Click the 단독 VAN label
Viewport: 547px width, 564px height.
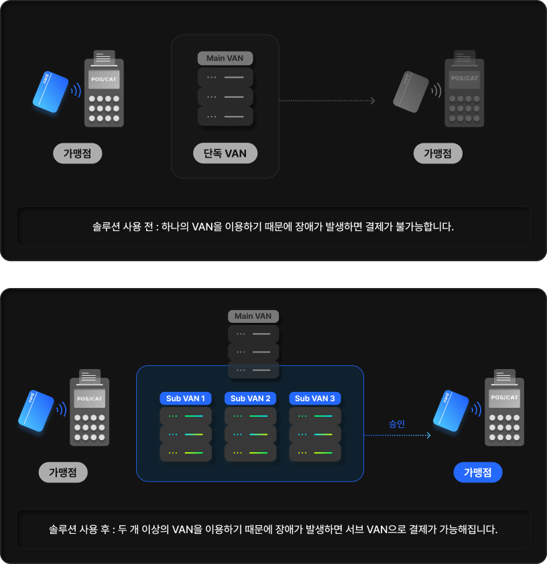pyautogui.click(x=225, y=153)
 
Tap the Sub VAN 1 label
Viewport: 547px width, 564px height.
pyautogui.click(x=186, y=399)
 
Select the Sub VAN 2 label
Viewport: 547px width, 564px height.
pyautogui.click(x=250, y=399)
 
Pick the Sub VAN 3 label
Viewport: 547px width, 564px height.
pyautogui.click(x=315, y=399)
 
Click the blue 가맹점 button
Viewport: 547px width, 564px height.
pyautogui.click(x=477, y=472)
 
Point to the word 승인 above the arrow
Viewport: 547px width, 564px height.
pyautogui.click(x=397, y=423)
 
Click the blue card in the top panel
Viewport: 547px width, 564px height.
pyautogui.click(x=50, y=92)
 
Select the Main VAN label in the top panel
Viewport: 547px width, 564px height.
pyautogui.click(x=225, y=58)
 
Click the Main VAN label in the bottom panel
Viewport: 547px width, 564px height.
pyautogui.click(x=253, y=316)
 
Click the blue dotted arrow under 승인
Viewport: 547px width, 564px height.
pyautogui.click(x=397, y=435)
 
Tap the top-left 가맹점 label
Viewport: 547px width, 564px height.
pyautogui.click(x=77, y=153)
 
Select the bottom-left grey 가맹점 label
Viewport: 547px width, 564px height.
pyautogui.click(x=63, y=472)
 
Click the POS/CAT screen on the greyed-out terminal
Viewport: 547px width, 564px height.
pyautogui.click(x=465, y=78)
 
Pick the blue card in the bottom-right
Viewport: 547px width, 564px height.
pyautogui.click(x=450, y=409)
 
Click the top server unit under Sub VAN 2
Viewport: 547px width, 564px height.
pyautogui.click(x=250, y=416)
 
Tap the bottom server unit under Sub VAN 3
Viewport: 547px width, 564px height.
pyautogui.click(x=315, y=452)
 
